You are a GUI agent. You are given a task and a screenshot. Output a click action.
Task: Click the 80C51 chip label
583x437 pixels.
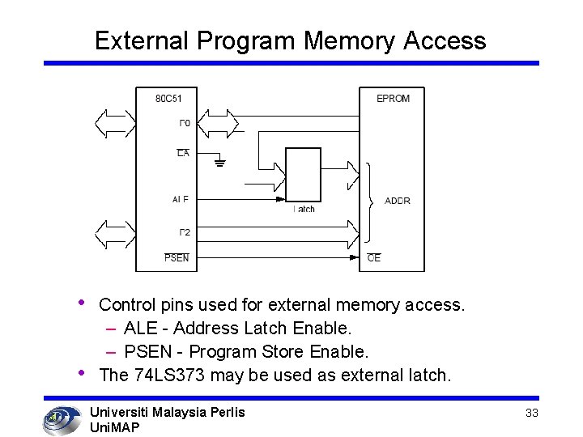[x=169, y=99]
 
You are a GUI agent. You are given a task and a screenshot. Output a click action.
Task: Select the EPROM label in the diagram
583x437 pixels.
[x=393, y=99]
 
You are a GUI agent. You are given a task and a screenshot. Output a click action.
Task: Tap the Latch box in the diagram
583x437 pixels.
[x=304, y=175]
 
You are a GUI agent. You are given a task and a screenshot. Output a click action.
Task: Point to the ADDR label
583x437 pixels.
[x=397, y=201]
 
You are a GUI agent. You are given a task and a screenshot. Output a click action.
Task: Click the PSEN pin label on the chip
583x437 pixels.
[x=177, y=258]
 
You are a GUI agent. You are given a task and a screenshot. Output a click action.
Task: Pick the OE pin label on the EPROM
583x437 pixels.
[x=373, y=258]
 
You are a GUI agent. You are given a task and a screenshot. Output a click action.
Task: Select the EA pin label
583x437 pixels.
[x=183, y=153]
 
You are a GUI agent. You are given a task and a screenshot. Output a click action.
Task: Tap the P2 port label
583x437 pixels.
[x=184, y=233]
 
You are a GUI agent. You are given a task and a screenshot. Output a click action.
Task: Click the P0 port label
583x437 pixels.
[x=184, y=123]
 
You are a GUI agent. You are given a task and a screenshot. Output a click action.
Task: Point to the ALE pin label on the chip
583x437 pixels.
[x=180, y=200]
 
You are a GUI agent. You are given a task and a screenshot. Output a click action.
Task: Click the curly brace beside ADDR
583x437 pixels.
[x=370, y=202]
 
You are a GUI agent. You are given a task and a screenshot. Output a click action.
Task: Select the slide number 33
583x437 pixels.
[x=532, y=413]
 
